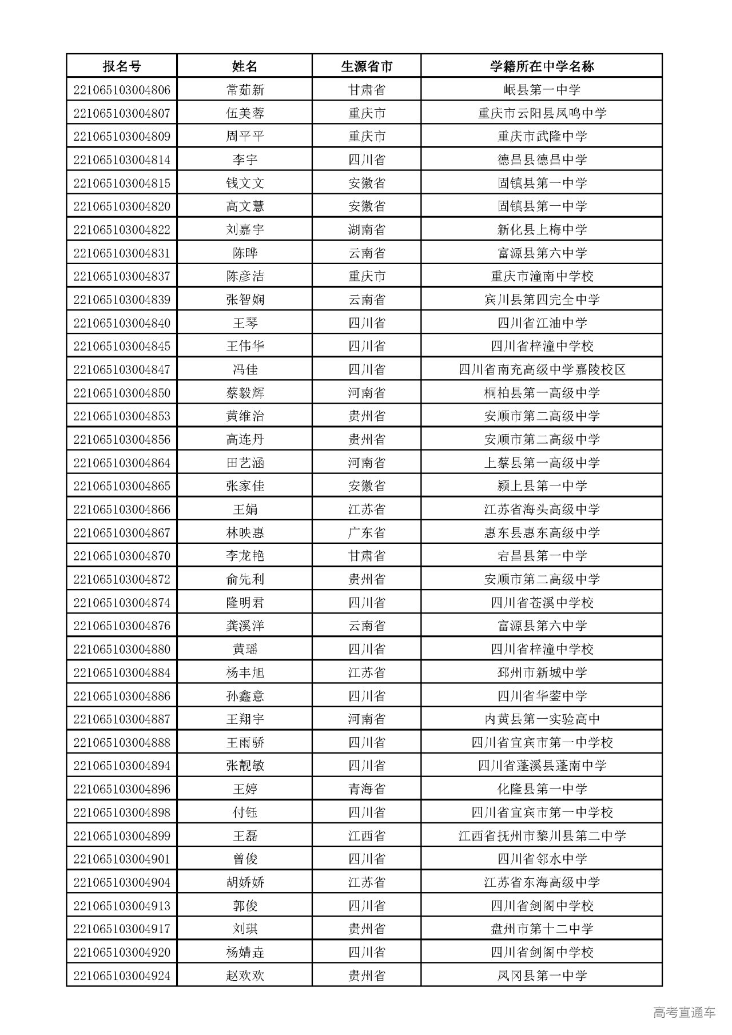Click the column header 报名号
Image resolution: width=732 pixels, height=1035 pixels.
click(x=121, y=66)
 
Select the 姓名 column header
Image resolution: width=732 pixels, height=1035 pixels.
click(x=244, y=66)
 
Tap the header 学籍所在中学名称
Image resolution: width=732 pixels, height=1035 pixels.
click(x=542, y=66)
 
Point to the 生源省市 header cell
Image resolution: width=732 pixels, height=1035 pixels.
click(x=367, y=66)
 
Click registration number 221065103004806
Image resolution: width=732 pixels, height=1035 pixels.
click(x=122, y=90)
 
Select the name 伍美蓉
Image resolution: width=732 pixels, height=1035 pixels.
click(x=245, y=113)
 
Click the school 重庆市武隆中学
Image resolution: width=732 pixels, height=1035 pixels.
click(x=542, y=137)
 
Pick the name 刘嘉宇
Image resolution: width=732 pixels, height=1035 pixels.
click(x=245, y=230)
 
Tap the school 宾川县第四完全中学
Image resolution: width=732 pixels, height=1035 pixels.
click(x=542, y=300)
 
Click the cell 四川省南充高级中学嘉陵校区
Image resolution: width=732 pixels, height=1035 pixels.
click(x=542, y=369)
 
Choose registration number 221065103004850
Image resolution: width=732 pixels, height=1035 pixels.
click(x=122, y=393)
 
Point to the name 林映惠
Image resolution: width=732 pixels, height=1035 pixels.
click(x=245, y=533)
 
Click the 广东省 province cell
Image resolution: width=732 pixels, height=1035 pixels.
click(x=367, y=533)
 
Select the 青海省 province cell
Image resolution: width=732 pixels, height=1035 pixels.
click(x=367, y=789)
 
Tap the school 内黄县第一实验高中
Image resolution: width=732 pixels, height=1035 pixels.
click(x=542, y=719)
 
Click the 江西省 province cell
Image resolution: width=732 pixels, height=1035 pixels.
click(x=367, y=836)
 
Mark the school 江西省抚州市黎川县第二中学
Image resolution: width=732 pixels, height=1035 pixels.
click(x=542, y=836)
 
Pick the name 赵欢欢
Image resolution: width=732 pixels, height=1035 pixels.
click(x=245, y=976)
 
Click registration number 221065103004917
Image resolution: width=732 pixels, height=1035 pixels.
click(x=122, y=929)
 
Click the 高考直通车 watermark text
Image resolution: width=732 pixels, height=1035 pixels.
click(x=684, y=1012)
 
